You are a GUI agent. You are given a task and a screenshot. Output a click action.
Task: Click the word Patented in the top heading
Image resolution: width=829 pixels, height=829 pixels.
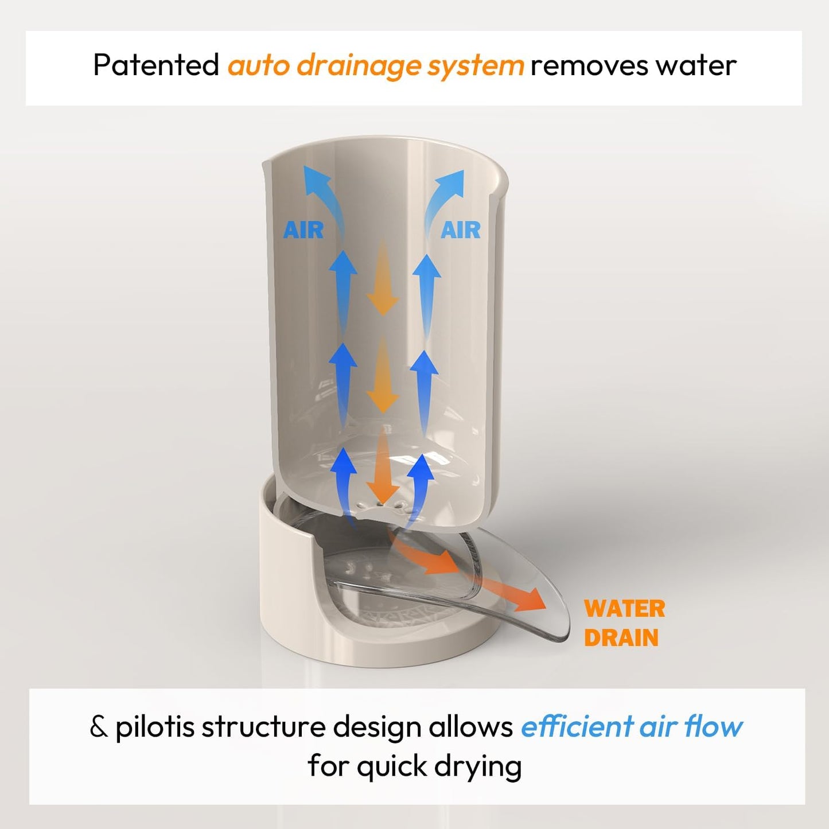156,65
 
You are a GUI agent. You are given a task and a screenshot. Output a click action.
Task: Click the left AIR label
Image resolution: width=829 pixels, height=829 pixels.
303,230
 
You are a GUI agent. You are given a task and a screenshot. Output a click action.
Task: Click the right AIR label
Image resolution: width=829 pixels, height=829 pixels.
460,230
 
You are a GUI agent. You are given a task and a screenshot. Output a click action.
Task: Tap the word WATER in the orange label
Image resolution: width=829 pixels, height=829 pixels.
625,609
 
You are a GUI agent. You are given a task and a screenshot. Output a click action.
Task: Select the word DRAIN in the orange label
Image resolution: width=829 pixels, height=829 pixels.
621,637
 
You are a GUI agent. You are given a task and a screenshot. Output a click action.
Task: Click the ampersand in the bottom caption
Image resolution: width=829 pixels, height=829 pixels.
99,727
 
